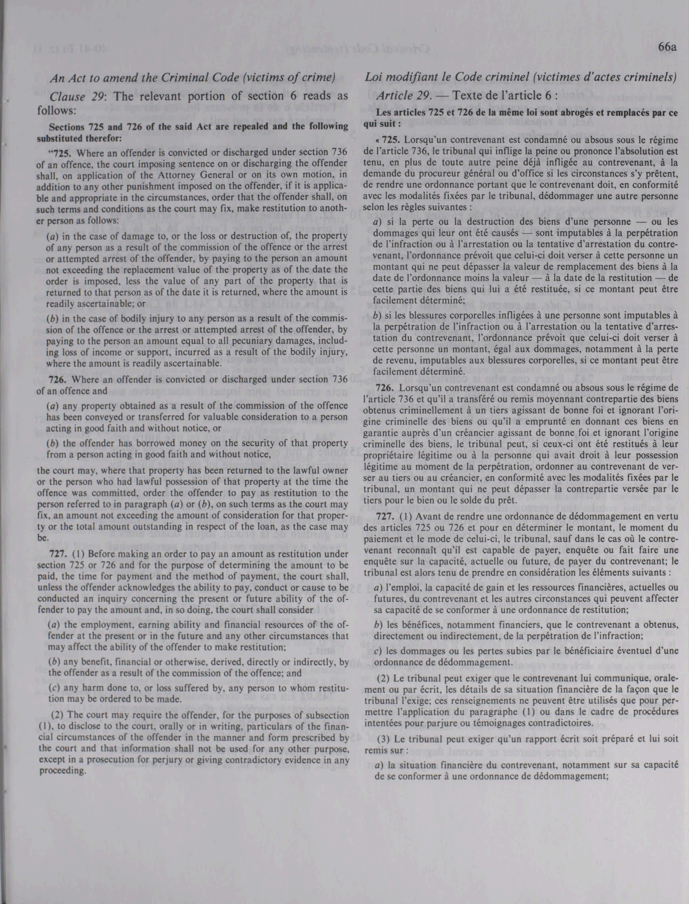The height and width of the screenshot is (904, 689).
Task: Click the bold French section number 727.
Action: point(383,516)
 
